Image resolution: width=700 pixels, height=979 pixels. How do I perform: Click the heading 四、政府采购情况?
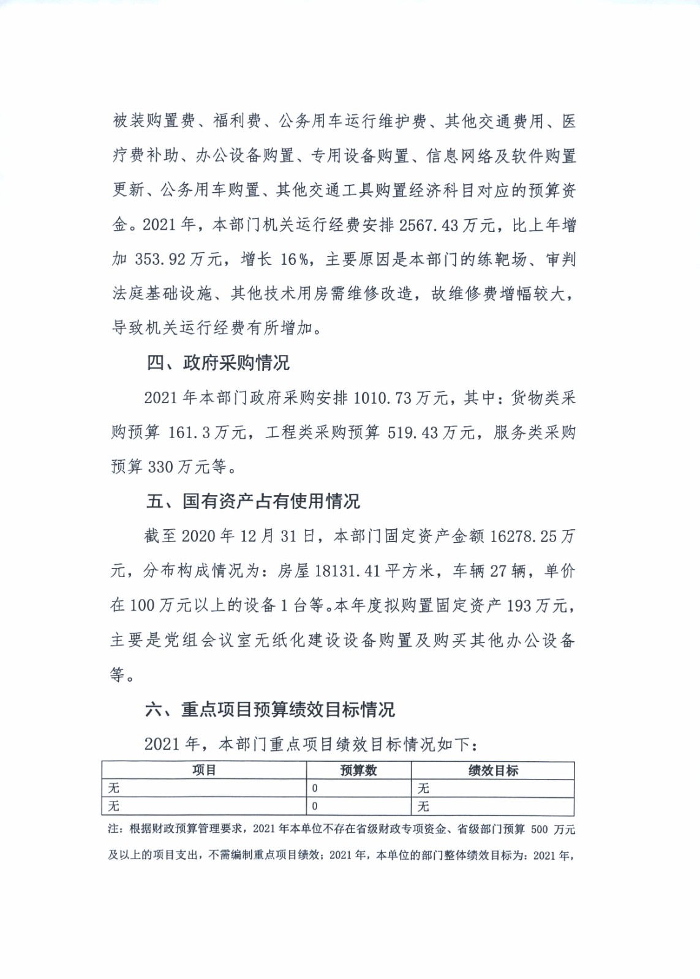217,363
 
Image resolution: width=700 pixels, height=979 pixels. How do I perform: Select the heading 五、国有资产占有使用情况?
253,502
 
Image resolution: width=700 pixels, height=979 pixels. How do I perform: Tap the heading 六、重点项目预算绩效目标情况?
270,710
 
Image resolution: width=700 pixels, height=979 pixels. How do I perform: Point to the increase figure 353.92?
160,259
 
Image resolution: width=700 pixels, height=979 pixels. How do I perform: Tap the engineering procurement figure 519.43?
413,433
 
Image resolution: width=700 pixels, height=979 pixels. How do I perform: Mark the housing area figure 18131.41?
347,571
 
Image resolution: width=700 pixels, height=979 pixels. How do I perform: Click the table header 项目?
204,770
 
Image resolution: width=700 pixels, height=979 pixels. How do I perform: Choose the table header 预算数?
358,770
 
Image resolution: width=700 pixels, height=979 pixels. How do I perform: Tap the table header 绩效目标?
493,770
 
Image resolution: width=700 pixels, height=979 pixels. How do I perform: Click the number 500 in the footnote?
540,829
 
